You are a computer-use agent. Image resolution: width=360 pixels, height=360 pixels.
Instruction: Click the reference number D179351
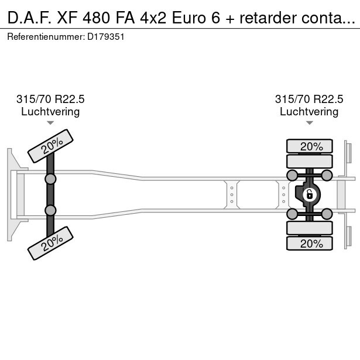(106, 37)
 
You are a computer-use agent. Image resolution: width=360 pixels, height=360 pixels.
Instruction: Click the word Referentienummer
(46, 37)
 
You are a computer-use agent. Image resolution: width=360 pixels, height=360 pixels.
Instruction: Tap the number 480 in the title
(97, 18)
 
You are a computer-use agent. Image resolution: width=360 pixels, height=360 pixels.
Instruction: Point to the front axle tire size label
(50, 99)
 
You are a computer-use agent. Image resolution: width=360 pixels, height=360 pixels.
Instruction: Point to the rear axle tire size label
(309, 99)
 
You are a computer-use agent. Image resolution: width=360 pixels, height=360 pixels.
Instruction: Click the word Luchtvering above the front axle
(50, 112)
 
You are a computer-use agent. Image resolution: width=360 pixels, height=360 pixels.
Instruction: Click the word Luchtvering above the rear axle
(309, 112)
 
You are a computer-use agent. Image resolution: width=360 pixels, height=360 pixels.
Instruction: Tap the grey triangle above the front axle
(50, 123)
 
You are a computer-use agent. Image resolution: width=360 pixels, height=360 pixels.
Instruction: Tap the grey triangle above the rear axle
(310, 123)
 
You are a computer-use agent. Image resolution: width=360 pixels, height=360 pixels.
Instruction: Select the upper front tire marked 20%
(50, 146)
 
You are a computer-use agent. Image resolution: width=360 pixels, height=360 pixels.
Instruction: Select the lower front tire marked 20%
(50, 243)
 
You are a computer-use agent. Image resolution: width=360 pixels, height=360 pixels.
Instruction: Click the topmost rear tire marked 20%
(310, 146)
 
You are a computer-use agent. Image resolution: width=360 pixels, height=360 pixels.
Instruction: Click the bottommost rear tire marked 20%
(310, 243)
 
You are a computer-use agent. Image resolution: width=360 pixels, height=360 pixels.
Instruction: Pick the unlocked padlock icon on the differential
(310, 195)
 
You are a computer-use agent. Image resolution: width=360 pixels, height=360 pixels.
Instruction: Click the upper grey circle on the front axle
(50, 179)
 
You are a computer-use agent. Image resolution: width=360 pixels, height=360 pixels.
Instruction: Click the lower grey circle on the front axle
(50, 210)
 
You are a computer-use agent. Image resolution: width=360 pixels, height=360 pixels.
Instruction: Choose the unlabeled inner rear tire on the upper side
(310, 161)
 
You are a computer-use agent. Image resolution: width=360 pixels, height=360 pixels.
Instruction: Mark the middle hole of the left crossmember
(232, 195)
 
